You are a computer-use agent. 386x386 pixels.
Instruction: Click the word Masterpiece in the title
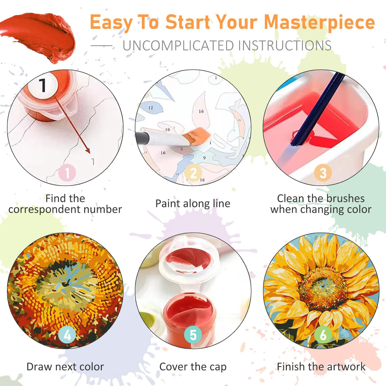[319, 22]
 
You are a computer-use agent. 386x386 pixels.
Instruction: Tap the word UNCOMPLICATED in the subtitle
[178, 46]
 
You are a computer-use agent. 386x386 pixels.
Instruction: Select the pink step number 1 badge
[67, 173]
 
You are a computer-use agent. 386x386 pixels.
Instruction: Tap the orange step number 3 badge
[323, 173]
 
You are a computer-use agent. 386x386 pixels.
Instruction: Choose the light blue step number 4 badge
[67, 335]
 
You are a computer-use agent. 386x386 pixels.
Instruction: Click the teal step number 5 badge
[193, 335]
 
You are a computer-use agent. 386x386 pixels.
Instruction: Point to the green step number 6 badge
[323, 335]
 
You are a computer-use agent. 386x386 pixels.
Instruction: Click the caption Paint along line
[193, 203]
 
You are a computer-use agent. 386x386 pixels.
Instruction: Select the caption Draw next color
[65, 367]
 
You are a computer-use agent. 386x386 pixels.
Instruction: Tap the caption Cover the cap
[193, 367]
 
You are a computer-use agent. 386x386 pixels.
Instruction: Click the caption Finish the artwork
[321, 367]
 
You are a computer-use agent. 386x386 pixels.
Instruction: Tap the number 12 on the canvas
[151, 108]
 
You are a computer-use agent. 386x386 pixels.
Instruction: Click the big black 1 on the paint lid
[43, 85]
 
